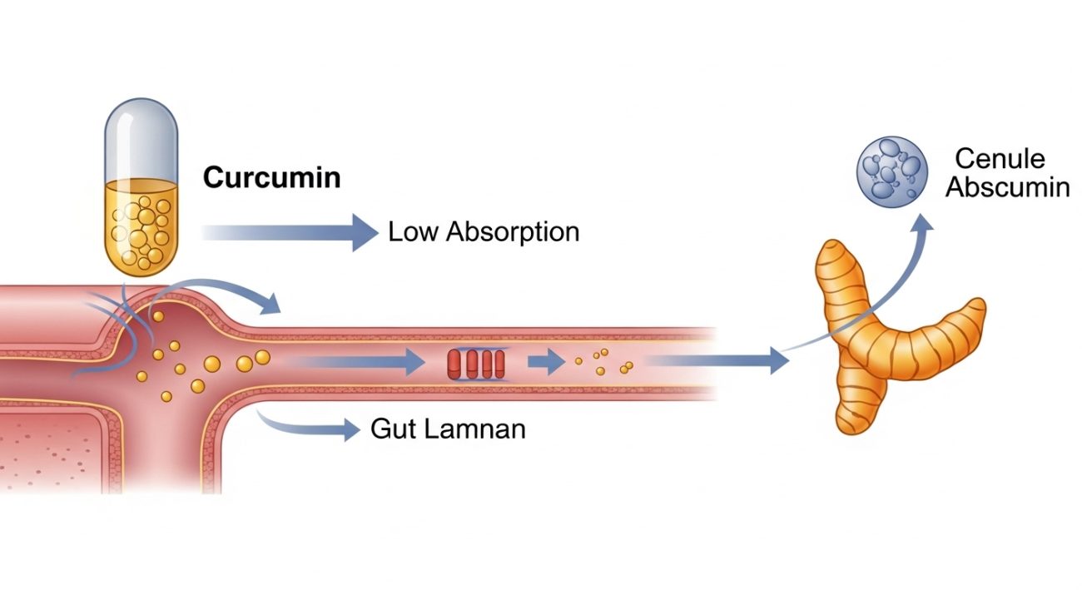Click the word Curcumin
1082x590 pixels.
[271, 178]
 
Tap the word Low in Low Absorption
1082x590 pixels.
[413, 231]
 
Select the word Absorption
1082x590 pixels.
[512, 232]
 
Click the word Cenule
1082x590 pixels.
[1000, 159]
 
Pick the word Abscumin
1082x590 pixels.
[1007, 187]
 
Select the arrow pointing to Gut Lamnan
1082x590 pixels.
[308, 426]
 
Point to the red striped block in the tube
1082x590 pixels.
[476, 364]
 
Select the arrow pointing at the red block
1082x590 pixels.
[358, 362]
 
